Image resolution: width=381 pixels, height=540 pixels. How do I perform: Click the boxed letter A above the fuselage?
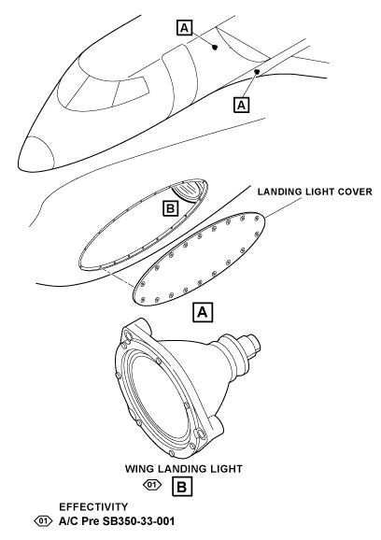pyautogui.click(x=185, y=27)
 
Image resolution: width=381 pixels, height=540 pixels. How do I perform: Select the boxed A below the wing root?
pyautogui.click(x=241, y=105)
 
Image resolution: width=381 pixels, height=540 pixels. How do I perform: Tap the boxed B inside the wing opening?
pyautogui.click(x=170, y=208)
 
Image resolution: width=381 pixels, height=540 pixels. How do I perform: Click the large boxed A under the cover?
pyautogui.click(x=203, y=312)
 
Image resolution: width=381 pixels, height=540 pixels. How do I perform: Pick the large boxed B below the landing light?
pyautogui.click(x=182, y=487)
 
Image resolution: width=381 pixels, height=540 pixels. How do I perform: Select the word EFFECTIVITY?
pyautogui.click(x=93, y=507)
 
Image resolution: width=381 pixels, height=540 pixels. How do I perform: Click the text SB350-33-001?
pyautogui.click(x=138, y=521)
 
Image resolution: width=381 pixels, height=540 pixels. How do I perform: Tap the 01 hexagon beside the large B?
pyautogui.click(x=152, y=485)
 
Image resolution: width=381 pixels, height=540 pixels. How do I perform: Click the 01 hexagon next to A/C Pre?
pyautogui.click(x=43, y=520)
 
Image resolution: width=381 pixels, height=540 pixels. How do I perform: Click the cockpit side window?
pyautogui.click(x=131, y=91)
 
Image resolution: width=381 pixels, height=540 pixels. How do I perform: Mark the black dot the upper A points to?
pyautogui.click(x=215, y=47)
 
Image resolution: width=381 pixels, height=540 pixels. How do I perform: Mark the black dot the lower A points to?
pyautogui.click(x=257, y=72)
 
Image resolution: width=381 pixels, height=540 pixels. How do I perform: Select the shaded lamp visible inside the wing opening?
pyautogui.click(x=188, y=192)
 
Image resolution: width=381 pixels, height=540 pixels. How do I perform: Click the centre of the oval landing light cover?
pyautogui.click(x=199, y=259)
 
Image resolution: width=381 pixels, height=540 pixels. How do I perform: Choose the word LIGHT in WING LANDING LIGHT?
pyautogui.click(x=227, y=469)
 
